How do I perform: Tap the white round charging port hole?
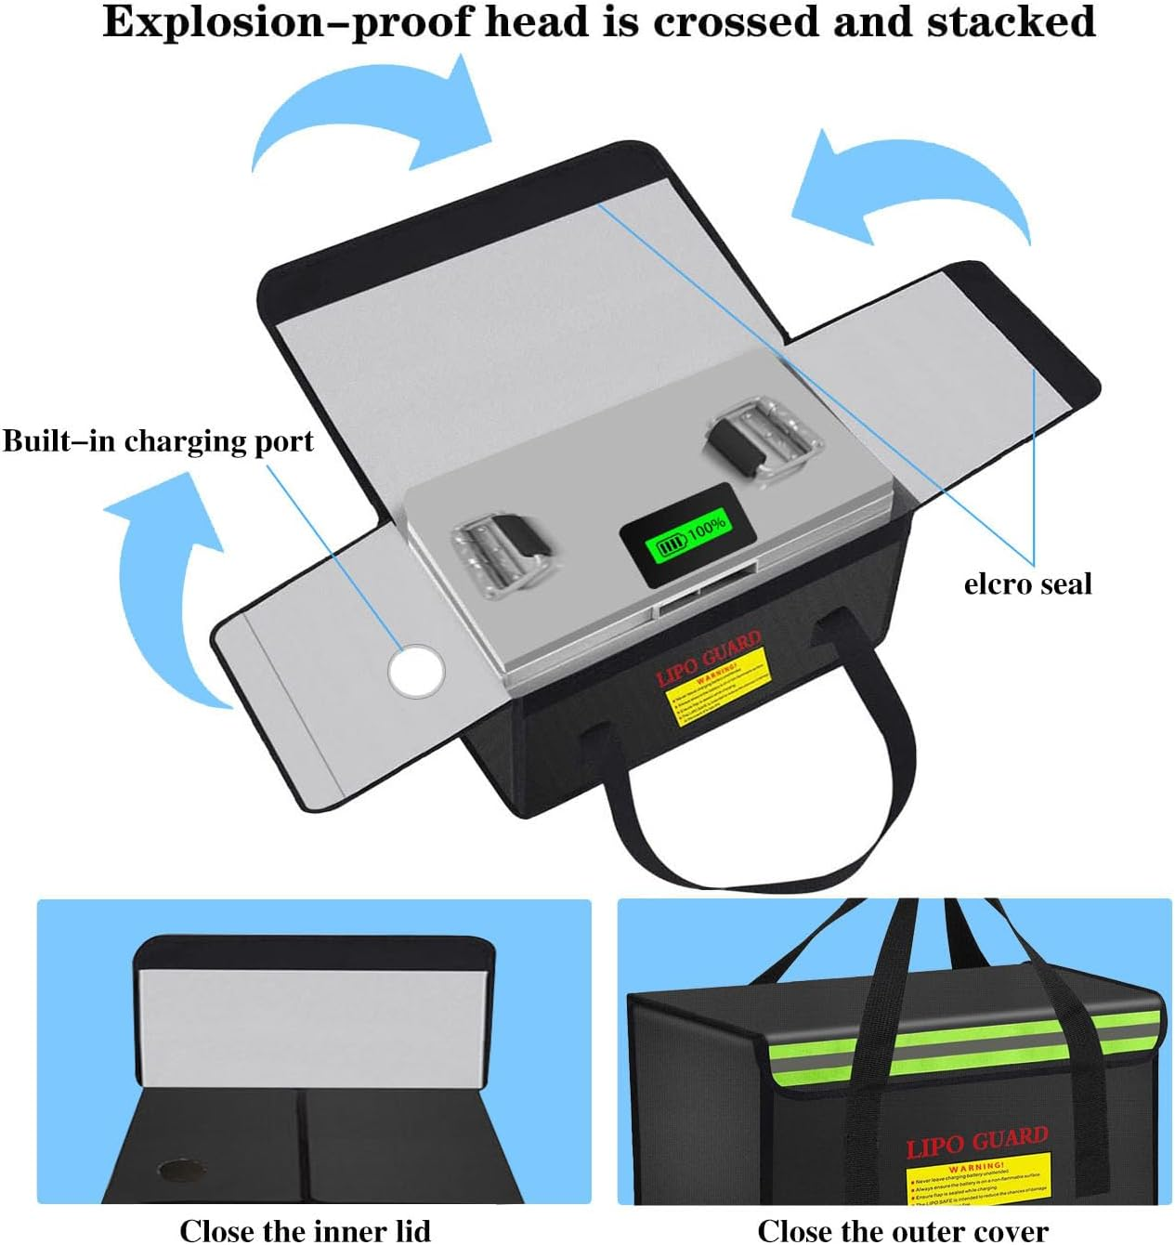point(416,671)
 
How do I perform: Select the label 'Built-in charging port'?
point(158,440)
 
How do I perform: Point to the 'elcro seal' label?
point(1027,583)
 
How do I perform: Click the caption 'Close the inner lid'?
point(305,1229)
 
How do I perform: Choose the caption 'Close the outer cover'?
point(902,1229)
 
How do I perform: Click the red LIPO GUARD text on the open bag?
point(709,656)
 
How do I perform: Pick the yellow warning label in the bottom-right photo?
point(978,1180)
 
